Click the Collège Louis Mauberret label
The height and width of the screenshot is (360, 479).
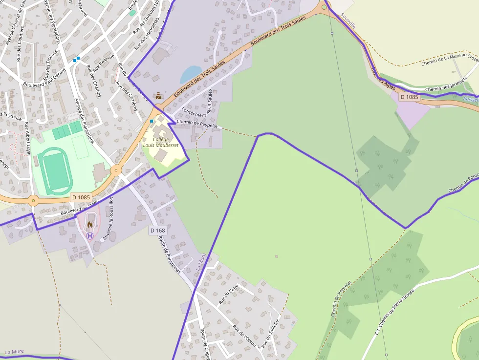tap(160, 142)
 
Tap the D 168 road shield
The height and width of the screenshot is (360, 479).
tap(158, 230)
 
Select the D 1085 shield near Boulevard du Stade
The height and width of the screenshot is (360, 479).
tap(80, 197)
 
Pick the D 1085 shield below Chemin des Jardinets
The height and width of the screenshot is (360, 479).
tap(409, 97)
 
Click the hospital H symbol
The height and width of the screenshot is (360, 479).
tap(90, 235)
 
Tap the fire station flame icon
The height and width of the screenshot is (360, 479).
tap(90, 224)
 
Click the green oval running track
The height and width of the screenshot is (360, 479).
tap(54, 171)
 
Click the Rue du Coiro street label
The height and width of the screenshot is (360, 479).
tap(228, 295)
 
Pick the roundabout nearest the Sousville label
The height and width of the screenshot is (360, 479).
tap(324, 7)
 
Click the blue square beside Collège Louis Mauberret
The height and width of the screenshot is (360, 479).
tap(152, 121)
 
